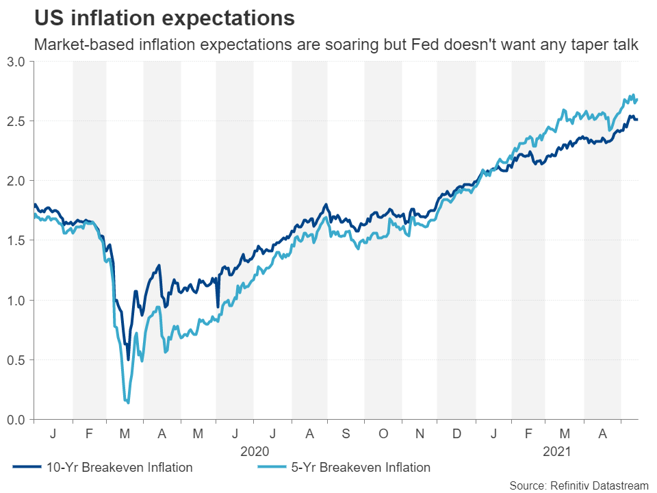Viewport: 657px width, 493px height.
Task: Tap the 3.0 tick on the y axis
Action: (17, 62)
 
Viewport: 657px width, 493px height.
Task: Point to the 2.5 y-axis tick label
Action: (17, 121)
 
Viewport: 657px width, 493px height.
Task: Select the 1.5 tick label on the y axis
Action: (17, 240)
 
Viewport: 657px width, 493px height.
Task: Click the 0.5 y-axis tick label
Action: (17, 359)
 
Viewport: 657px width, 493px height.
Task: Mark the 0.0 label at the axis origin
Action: (17, 419)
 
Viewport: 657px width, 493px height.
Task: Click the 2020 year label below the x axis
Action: (255, 451)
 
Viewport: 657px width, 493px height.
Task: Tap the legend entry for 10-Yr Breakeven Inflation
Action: (103, 468)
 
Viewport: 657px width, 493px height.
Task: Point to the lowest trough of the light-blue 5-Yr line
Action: (128, 403)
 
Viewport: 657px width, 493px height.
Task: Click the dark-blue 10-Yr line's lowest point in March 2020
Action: (128, 359)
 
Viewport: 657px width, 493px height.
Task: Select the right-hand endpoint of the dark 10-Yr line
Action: (637, 120)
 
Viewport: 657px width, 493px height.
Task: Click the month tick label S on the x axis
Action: (346, 433)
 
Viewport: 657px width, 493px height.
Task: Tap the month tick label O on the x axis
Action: (383, 433)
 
